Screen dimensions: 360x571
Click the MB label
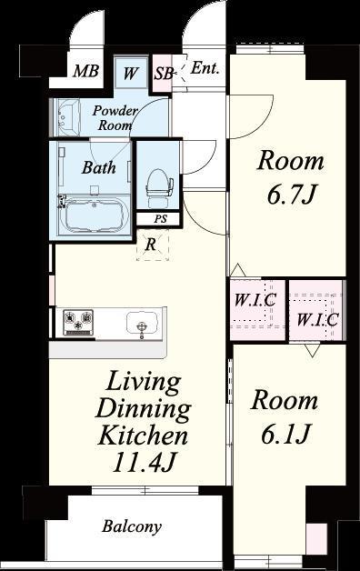(85, 71)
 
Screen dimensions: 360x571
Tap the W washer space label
(130, 74)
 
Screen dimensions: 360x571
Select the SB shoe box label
(163, 74)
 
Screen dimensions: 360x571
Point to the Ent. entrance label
(205, 68)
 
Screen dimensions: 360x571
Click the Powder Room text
(115, 117)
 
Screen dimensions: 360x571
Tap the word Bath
(99, 167)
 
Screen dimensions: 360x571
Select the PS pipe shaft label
(160, 219)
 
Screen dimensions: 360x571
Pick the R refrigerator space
(153, 245)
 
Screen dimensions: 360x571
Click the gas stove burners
(78, 322)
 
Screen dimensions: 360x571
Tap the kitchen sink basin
(143, 323)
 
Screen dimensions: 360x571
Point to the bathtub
(94, 215)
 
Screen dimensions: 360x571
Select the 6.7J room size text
(291, 195)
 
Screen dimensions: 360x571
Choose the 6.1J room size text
(285, 435)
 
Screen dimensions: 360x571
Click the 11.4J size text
(145, 463)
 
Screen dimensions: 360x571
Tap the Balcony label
(132, 526)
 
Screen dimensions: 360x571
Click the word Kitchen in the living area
(143, 435)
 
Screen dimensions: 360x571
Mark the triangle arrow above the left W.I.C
(237, 270)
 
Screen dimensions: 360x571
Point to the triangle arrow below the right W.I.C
(313, 350)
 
